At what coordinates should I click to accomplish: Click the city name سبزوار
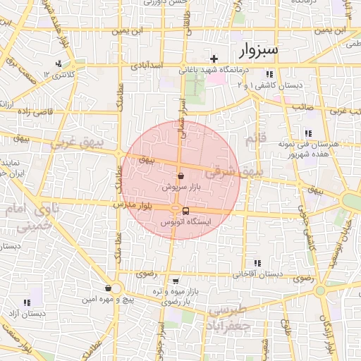coord(259,51)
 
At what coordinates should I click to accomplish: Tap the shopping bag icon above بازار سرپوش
coord(181,176)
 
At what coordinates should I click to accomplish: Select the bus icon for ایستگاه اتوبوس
coord(185,211)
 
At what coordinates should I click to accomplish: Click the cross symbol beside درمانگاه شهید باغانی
coord(214,58)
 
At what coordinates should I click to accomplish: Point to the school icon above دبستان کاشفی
coord(269,74)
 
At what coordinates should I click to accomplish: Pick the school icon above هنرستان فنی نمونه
coord(307,133)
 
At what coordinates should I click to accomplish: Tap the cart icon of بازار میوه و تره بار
coord(176,281)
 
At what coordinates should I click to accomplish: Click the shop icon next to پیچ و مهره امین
coord(107,288)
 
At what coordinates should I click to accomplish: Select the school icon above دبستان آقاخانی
coord(257,263)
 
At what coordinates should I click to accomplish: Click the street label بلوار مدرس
coord(133,205)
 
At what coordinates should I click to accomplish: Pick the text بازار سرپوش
coord(181,188)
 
